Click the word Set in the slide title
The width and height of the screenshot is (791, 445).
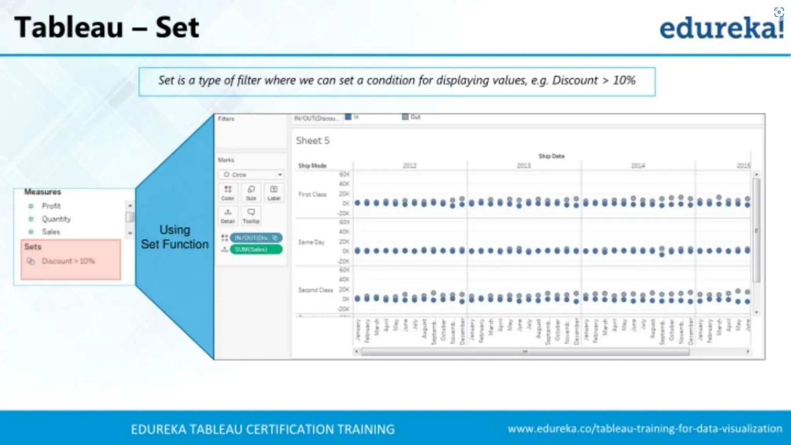click(x=177, y=28)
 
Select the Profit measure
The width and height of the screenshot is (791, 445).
click(x=51, y=206)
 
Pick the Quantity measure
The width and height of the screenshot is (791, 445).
click(x=56, y=219)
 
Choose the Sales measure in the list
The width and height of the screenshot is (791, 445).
click(x=51, y=232)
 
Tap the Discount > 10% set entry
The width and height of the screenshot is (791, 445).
click(x=68, y=261)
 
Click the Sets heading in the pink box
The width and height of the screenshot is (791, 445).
click(x=33, y=246)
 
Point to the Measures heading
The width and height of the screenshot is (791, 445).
click(x=42, y=192)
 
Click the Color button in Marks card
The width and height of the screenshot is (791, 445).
click(x=228, y=192)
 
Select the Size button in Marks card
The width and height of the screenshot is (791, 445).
click(x=251, y=192)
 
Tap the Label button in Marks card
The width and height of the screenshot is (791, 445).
click(x=274, y=192)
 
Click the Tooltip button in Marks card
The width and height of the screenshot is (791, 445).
click(x=251, y=215)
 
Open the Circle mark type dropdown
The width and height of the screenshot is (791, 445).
click(x=251, y=175)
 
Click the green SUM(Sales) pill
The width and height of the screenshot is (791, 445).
click(x=256, y=250)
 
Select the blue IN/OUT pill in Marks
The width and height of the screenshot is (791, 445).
click(x=256, y=238)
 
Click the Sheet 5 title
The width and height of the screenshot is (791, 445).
click(x=313, y=141)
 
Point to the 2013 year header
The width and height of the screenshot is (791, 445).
click(x=524, y=165)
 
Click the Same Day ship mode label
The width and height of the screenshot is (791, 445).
click(x=311, y=242)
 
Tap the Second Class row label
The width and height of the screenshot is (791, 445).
click(x=315, y=290)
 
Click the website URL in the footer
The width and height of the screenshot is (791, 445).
click(x=645, y=429)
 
